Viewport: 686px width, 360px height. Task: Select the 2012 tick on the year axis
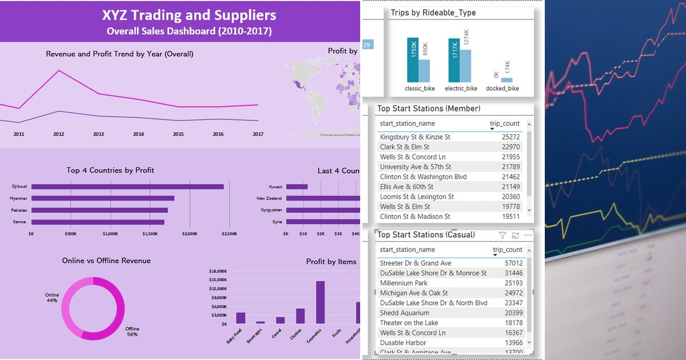pos(58,134)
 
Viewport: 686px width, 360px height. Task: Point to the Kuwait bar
pos(297,186)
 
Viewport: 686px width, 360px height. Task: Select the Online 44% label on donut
pos(52,298)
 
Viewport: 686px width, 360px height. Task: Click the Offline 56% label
pos(133,331)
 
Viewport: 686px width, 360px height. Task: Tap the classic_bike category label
pos(420,89)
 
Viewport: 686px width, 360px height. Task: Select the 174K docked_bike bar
pos(507,80)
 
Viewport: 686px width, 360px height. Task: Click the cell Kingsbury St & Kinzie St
pos(414,137)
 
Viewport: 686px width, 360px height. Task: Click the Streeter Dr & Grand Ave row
pos(415,263)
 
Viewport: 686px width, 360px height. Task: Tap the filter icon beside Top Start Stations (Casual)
pos(502,235)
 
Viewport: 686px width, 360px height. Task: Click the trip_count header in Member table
pos(504,123)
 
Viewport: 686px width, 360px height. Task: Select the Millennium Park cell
pos(404,283)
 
